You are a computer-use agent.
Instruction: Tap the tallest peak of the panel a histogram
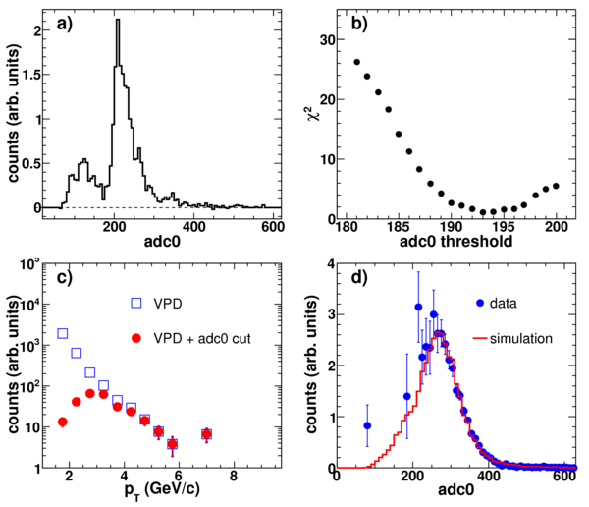(118, 20)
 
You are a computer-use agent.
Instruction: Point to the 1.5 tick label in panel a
(31, 75)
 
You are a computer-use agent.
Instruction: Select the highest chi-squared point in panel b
(357, 62)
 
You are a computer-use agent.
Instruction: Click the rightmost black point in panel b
(556, 186)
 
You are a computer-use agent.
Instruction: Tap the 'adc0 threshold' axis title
(455, 241)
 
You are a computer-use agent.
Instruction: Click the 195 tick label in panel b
(504, 228)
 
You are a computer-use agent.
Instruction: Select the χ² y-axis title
(314, 112)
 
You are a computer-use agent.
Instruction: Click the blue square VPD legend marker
(136, 303)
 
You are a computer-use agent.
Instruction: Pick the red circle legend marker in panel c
(136, 338)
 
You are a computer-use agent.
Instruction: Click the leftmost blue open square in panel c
(63, 333)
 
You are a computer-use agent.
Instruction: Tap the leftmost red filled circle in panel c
(63, 422)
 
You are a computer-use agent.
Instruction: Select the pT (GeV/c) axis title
(162, 489)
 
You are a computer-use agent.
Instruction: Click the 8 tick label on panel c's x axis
(234, 476)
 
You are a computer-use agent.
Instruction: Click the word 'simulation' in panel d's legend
(521, 339)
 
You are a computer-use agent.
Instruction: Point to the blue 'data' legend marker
(480, 303)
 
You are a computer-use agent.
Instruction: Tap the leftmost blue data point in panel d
(367, 425)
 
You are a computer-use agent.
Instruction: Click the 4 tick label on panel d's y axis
(331, 264)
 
